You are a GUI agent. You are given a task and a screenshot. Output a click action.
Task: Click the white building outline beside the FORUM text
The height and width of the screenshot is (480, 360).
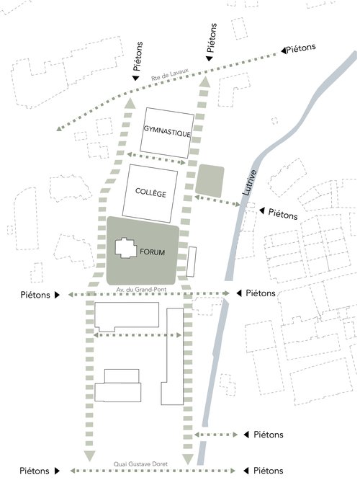point(125,247)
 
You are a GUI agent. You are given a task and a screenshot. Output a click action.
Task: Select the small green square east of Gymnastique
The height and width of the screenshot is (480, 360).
point(210,179)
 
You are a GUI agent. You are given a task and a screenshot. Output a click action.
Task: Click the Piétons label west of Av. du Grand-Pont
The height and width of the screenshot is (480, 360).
point(35,295)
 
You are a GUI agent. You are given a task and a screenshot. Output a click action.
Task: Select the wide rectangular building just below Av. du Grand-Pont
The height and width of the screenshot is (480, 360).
point(127,315)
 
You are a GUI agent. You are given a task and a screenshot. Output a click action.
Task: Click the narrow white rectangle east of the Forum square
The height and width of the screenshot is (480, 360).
point(192,262)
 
